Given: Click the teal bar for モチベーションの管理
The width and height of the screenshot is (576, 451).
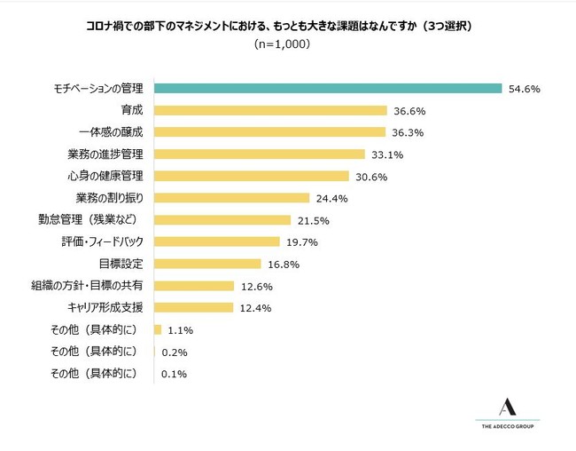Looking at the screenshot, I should pyautogui.click(x=328, y=89).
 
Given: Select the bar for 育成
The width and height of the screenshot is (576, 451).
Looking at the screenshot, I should pyautogui.click(x=270, y=111).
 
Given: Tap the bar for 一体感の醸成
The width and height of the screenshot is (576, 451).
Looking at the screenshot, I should pyautogui.click(x=269, y=132).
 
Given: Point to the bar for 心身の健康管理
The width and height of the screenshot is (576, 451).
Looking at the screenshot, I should pyautogui.click(x=252, y=176).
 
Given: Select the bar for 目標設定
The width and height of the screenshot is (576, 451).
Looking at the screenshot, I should pyautogui.click(x=207, y=264).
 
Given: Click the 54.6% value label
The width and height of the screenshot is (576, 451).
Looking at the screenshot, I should pyautogui.click(x=525, y=89).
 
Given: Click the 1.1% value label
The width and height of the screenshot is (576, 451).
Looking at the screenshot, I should pyautogui.click(x=181, y=330).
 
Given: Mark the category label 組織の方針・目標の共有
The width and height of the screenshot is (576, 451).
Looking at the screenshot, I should pyautogui.click(x=87, y=286).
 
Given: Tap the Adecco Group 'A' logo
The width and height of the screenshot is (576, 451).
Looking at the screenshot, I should pyautogui.click(x=508, y=407).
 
